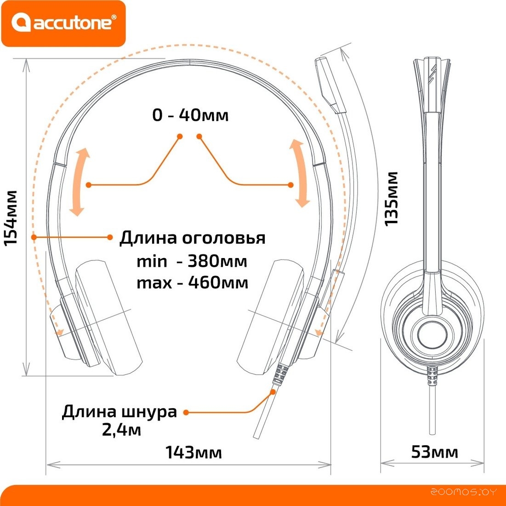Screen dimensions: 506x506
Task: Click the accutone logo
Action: [63, 23]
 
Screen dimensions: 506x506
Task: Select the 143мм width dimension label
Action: [193, 453]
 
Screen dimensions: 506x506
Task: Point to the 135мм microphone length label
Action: [391, 198]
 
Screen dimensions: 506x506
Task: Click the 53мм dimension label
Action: [434, 452]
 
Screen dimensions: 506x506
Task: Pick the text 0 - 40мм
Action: [190, 115]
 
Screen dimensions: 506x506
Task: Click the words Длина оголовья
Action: [192, 238]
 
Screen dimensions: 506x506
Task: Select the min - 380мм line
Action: [192, 261]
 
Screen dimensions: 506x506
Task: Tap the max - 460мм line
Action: [192, 282]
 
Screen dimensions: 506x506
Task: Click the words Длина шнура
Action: [119, 411]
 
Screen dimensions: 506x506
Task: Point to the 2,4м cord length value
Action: [121, 431]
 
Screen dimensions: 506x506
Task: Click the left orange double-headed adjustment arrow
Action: [80, 182]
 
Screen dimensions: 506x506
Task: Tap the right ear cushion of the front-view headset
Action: [269, 317]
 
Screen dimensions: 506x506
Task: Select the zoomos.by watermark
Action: [464, 492]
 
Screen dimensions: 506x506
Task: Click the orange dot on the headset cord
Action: [273, 392]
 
